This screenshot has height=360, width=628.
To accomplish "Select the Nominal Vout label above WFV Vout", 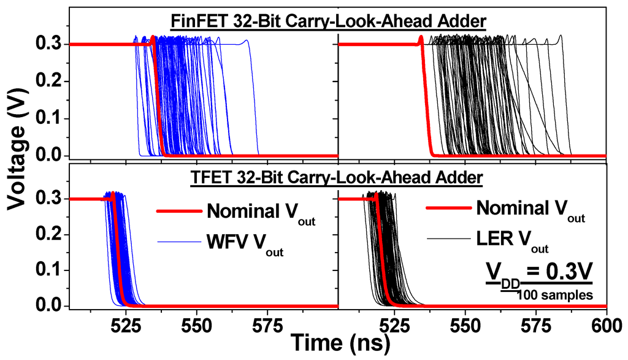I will click(x=261, y=213).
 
